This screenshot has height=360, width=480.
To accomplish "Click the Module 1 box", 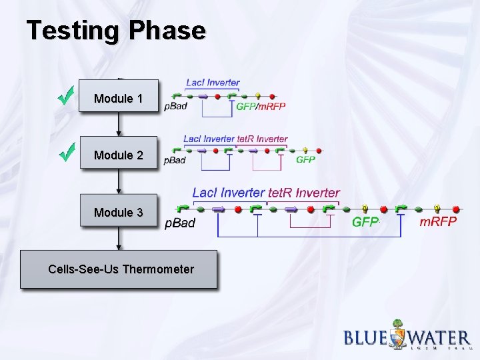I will tap(119, 98).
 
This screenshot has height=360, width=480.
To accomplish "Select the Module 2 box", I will tap(119, 155).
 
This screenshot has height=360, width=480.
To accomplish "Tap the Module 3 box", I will tap(119, 212).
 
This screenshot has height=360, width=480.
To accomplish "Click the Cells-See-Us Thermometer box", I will tap(119, 269).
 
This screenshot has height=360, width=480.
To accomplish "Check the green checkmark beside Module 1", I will tap(65, 97).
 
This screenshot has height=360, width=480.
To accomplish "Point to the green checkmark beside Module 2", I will tap(65, 153).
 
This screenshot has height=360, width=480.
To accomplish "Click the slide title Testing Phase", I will tap(116, 31).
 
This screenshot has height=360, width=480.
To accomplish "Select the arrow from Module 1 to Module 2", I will tap(119, 125).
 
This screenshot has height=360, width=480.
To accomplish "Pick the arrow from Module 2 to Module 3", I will tap(119, 182).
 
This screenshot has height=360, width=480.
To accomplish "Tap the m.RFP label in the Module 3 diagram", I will tap(438, 221).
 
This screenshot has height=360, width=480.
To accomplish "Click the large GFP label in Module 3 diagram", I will tap(365, 222).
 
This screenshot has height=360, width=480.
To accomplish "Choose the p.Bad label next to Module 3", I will tap(180, 223).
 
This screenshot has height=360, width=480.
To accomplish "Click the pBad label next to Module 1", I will tap(175, 106).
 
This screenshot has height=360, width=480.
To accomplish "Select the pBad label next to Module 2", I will tap(175, 161).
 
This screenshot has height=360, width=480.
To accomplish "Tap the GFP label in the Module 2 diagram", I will tap(305, 160).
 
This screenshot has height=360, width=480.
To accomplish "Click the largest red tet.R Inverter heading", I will tap(303, 193).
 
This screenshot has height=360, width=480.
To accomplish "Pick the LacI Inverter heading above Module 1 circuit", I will tap(213, 83).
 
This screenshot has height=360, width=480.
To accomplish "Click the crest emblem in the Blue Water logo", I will tap(398, 335).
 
